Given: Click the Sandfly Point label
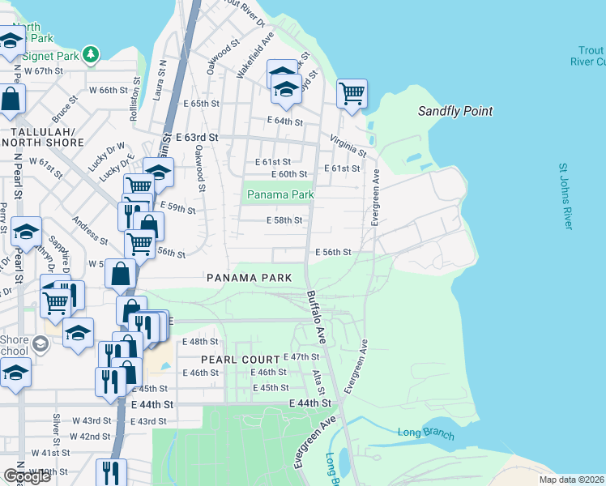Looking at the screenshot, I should click(455, 111).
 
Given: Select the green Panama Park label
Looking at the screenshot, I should click(280, 195).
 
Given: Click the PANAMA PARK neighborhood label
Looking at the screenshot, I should click(250, 278).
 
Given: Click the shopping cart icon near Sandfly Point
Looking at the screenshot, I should click(352, 94).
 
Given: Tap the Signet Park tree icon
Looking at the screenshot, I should click(92, 54).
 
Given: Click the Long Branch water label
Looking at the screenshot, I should click(426, 433).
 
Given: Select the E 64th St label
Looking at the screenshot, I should click(284, 122).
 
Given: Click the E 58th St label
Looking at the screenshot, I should click(284, 220).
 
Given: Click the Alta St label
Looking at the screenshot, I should click(319, 380).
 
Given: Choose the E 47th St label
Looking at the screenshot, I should click(303, 357).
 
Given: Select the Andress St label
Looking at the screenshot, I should click(89, 231).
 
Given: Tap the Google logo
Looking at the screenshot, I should click(26, 475).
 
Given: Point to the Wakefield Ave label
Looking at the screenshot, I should click(254, 54).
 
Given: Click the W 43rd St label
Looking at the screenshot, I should click(92, 420).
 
